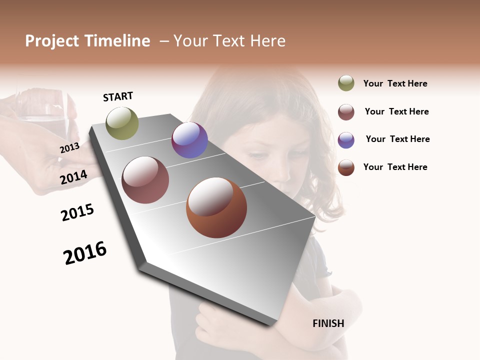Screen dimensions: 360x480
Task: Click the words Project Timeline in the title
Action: tap(87, 41)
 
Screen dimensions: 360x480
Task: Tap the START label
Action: tap(118, 96)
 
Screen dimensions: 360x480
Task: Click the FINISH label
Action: tap(328, 323)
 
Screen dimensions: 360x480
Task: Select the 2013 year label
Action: tap(69, 148)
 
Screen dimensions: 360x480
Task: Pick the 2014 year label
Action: tap(73, 177)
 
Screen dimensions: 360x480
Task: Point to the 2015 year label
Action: tap(77, 212)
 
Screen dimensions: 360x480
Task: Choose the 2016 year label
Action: tap(85, 252)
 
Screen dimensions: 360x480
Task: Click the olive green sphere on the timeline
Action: tap(122, 123)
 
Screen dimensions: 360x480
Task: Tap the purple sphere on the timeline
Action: tap(189, 140)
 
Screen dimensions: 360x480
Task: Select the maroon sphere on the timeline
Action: tap(145, 180)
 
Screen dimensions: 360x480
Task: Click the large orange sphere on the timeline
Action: tap(216, 207)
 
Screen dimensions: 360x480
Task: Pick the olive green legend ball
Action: tap(346, 83)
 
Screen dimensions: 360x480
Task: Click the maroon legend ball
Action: tap(346, 112)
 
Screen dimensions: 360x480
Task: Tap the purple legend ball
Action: tap(346, 140)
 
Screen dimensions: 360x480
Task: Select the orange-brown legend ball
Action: tap(346, 167)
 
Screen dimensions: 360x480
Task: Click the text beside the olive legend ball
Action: tap(395, 83)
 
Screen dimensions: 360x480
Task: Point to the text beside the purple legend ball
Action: tap(397, 139)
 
